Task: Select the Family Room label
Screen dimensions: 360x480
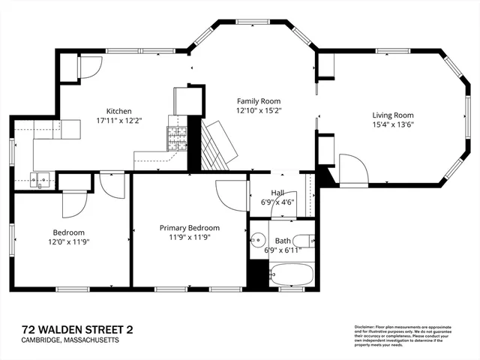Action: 258,100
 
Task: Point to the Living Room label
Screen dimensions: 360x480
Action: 393,115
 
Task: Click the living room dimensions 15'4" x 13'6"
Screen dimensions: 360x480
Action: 393,124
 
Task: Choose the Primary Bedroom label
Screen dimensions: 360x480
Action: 189,227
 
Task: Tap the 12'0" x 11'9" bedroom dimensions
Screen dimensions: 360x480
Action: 68,241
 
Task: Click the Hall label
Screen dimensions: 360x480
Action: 277,192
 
